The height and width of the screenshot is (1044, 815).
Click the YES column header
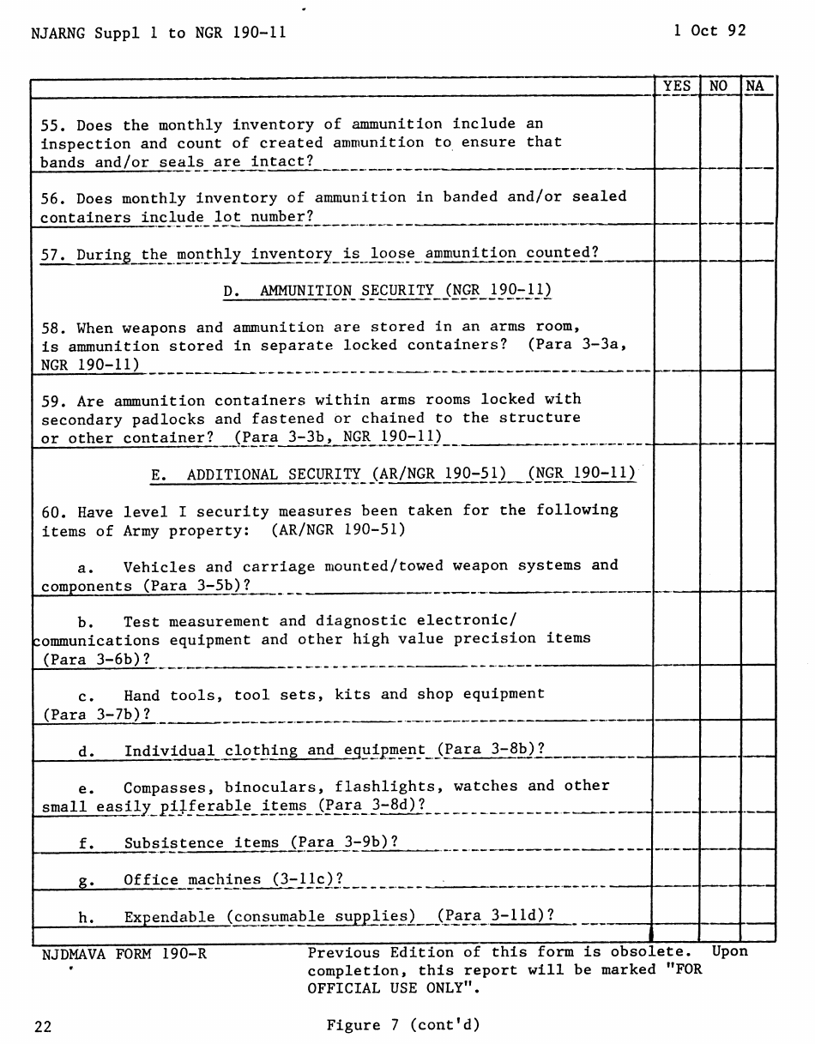point(677,86)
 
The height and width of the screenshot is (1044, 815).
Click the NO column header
point(719,86)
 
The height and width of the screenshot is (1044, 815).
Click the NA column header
point(755,86)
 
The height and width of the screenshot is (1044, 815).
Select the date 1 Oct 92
point(709,31)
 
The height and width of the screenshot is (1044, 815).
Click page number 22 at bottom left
point(43,1026)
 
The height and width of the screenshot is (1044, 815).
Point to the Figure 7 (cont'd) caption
point(402,1025)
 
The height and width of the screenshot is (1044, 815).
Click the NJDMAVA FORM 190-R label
point(124,953)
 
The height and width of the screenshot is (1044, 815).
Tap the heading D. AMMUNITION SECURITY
point(387,291)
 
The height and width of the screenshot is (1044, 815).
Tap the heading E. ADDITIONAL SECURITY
point(393,474)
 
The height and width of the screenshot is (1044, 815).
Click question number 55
point(51,125)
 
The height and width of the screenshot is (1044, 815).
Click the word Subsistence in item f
point(174,843)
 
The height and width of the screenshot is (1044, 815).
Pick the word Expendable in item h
point(170,917)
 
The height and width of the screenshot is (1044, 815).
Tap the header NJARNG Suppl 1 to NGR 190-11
point(158,33)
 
